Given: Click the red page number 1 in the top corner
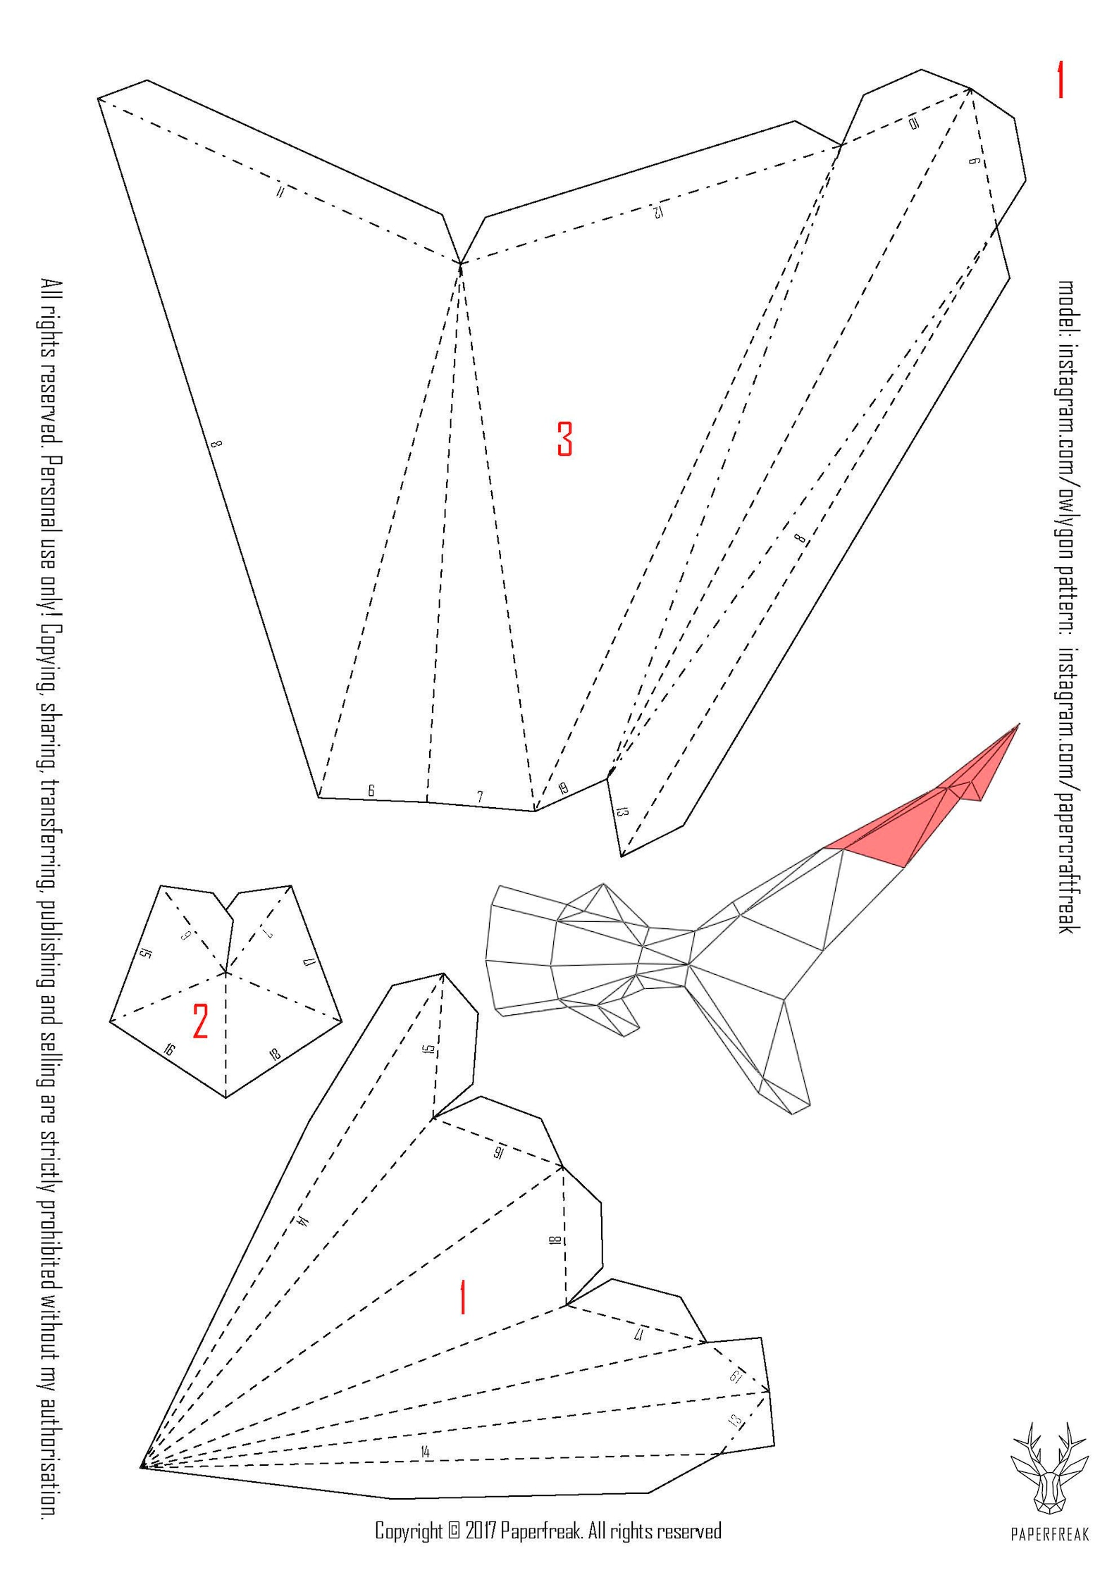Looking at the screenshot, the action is pyautogui.click(x=1058, y=80).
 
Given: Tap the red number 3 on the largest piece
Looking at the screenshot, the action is pyautogui.click(x=564, y=438).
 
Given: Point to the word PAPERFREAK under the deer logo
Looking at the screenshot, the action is pyautogui.click(x=1050, y=1533).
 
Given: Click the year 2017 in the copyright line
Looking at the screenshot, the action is pyautogui.click(x=481, y=1531).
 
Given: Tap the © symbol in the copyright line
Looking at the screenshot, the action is pyautogui.click(x=454, y=1531).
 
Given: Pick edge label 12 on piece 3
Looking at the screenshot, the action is pyautogui.click(x=656, y=210).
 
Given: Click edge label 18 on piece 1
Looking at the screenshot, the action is pyautogui.click(x=555, y=1240).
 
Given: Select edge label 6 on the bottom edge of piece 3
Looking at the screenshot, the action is pyautogui.click(x=371, y=790).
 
